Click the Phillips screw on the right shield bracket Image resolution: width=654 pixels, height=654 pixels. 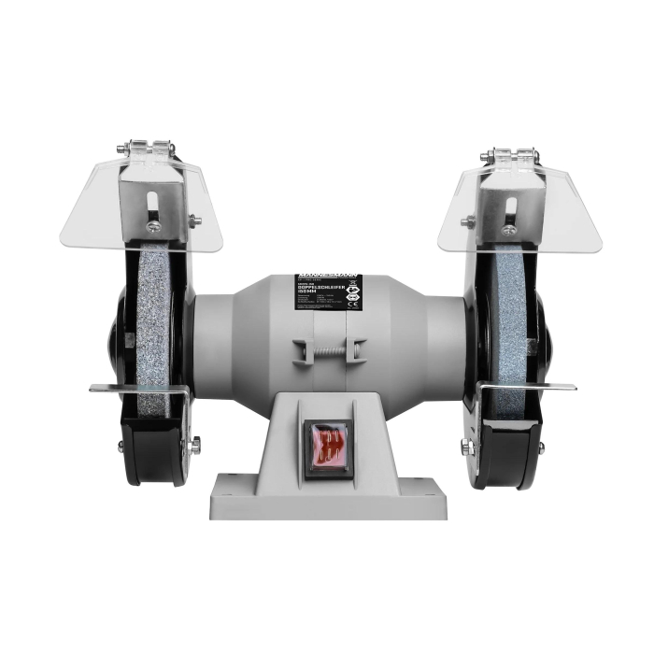pyautogui.click(x=509, y=229)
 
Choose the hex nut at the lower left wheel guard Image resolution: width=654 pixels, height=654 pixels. pyautogui.click(x=194, y=446)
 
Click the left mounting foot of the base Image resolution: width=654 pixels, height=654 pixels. pyautogui.click(x=229, y=487)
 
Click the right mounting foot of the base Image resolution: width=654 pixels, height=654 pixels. pyautogui.click(x=425, y=487)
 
